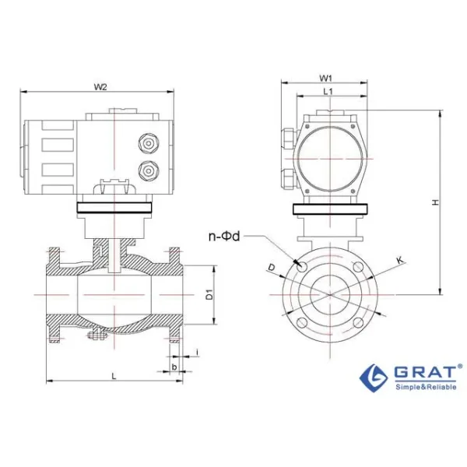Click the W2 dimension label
100,86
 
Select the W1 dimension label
327,78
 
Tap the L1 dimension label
328,92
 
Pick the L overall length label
114,375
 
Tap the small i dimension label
197,353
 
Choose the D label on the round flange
271,268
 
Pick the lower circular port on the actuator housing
145,170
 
